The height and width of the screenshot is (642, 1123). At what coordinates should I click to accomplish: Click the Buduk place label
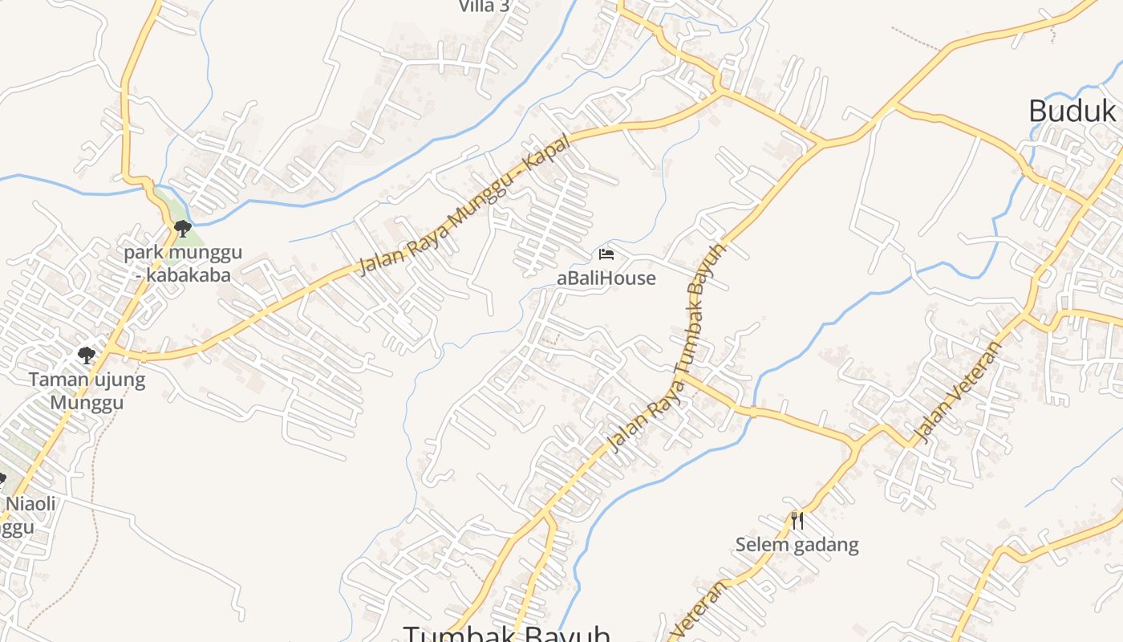[1072, 111]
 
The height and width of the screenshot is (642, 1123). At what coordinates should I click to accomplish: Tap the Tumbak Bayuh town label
[506, 634]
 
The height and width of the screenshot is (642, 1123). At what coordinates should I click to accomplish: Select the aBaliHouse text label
[606, 278]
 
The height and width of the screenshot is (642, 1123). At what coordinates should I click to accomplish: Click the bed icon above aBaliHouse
[606, 254]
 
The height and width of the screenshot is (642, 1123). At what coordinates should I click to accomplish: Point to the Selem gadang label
[797, 546]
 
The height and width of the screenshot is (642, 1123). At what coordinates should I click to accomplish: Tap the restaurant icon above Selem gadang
[797, 521]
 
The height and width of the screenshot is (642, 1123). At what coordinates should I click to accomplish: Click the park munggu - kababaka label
[182, 264]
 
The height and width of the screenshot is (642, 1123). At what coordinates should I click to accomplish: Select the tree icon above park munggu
[182, 229]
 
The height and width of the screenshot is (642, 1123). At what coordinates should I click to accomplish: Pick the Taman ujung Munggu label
[87, 390]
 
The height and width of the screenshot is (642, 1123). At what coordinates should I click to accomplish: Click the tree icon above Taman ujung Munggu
[87, 355]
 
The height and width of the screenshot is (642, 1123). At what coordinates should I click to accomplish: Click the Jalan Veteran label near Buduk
[958, 392]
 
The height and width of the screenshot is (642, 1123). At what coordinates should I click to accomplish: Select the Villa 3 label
[484, 6]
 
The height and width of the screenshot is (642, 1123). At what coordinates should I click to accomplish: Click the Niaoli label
[30, 504]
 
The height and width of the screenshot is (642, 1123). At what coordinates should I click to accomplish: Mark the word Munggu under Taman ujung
[87, 402]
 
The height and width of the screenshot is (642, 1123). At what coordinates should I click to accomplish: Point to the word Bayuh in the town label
[566, 634]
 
